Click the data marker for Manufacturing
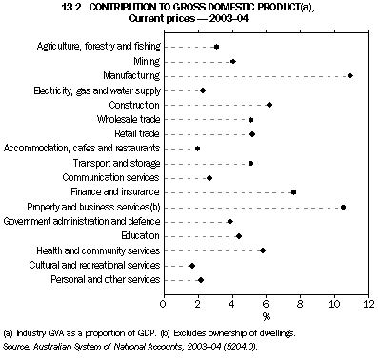coord(350,75)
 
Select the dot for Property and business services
coord(343,207)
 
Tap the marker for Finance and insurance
coord(293,192)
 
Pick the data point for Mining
coord(232,61)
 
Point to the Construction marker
coord(269,105)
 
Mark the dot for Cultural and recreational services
coord(192,266)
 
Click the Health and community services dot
coord(263,251)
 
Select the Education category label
coord(140,236)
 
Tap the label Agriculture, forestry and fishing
coord(98,46)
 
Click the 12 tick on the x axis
coord(368,304)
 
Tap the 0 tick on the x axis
coord(164,304)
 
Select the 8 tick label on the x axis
coord(300,304)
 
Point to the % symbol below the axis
coord(266,315)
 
